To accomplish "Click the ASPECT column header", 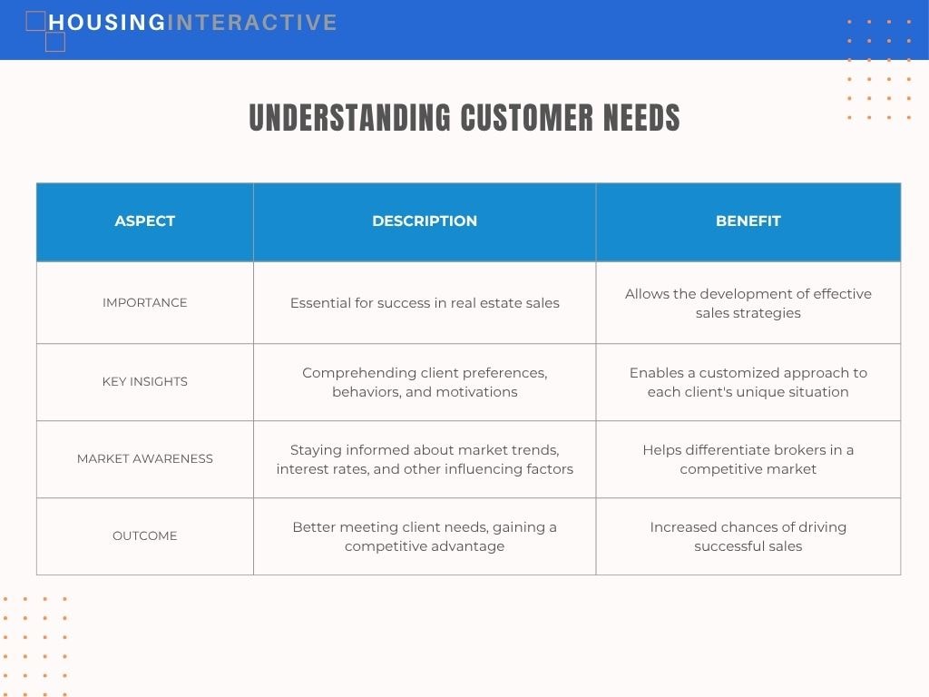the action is (x=144, y=221).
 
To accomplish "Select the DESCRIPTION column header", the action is (x=425, y=221).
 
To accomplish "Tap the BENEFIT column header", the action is (x=748, y=221).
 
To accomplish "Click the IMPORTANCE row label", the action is (x=144, y=303).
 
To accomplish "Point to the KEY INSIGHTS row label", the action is (x=144, y=382).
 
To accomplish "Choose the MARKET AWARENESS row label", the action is (x=144, y=458).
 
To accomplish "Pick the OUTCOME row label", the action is (x=144, y=535).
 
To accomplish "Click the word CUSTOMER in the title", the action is (x=527, y=117).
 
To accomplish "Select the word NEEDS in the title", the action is (x=641, y=117).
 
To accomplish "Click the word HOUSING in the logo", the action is (x=107, y=23).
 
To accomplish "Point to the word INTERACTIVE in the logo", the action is (x=252, y=23).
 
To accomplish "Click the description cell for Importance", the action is (x=425, y=303).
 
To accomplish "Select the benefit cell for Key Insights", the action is (x=748, y=382).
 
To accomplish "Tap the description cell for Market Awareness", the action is (x=425, y=459).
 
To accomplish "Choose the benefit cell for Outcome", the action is (x=748, y=536).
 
